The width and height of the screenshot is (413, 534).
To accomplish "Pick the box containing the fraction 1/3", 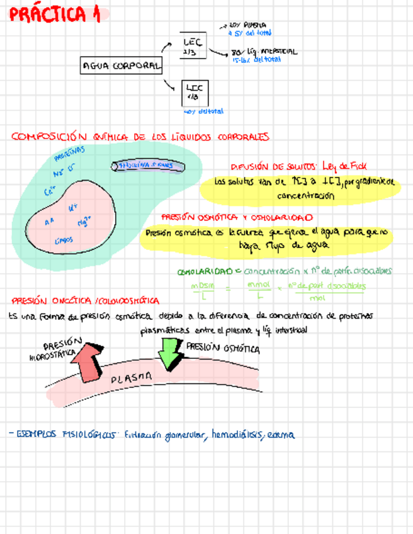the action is click(x=193, y=93).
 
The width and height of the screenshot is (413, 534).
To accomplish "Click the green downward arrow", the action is click(x=169, y=353).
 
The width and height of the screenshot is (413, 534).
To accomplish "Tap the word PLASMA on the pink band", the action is click(x=132, y=378).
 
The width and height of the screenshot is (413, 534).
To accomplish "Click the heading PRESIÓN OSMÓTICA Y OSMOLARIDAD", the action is click(x=236, y=217).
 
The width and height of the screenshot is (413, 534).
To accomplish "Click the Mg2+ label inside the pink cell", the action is click(x=84, y=222).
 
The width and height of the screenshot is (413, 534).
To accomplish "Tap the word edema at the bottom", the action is click(x=281, y=435).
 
